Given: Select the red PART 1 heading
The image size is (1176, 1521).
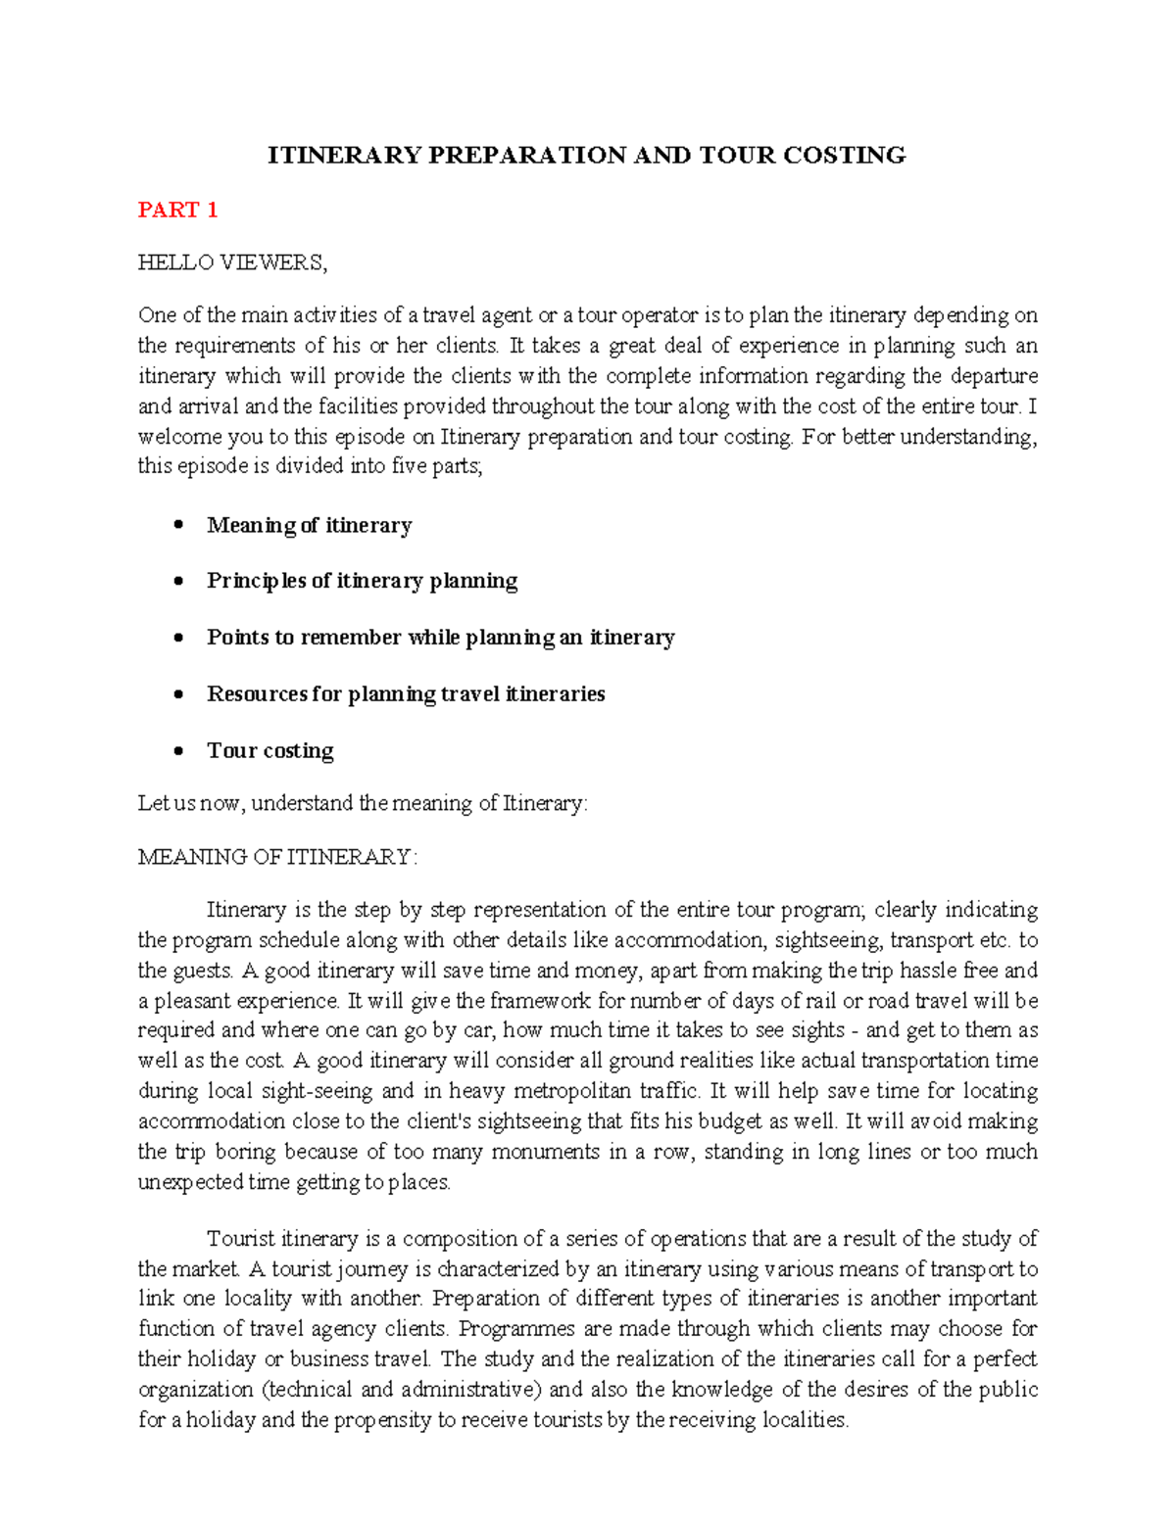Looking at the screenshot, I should [x=177, y=210].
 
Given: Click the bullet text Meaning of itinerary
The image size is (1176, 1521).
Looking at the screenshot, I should [x=309, y=526].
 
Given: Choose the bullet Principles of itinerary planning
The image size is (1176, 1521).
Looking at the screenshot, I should [x=362, y=581].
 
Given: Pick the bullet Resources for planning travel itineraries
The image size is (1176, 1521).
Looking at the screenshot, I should [x=406, y=694].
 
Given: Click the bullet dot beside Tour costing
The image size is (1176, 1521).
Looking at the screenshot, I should [x=177, y=751].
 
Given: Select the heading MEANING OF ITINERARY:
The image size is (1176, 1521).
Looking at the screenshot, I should [x=277, y=857].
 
